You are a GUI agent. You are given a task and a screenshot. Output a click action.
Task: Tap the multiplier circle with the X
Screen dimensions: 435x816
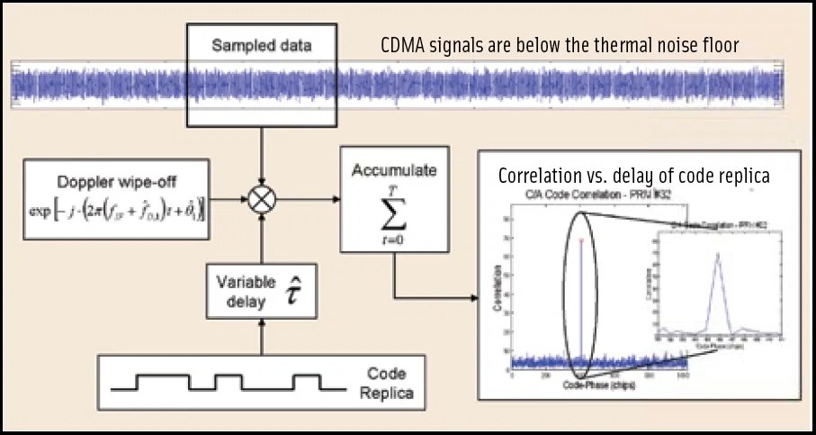point(261,200)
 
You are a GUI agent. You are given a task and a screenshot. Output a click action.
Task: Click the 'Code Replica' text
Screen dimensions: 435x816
point(388,383)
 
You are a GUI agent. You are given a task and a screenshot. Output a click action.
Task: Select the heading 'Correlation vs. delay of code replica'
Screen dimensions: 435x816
point(633,176)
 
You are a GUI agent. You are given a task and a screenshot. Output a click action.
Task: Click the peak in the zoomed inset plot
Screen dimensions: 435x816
point(717,255)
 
